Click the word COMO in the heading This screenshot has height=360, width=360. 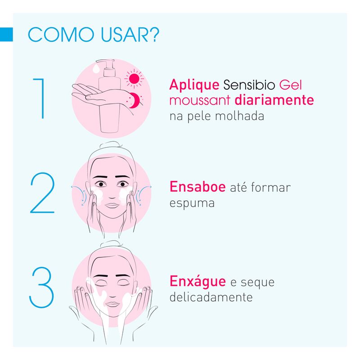click(61, 35)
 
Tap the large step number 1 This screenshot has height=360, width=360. click(39, 99)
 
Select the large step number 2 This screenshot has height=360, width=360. click(42, 193)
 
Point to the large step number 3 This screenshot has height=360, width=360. click(41, 287)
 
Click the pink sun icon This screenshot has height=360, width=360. click(134, 78)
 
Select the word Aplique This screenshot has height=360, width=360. click(194, 85)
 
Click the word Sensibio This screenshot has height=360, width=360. click(249, 85)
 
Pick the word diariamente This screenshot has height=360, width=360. click(274, 100)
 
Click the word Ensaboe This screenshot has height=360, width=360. click(198, 187)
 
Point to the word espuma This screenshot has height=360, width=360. click(192, 203)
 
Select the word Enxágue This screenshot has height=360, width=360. click(198, 282)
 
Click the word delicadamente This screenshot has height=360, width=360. click(211, 297)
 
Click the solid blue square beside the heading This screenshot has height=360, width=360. click(6, 35)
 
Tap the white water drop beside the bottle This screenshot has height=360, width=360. click(96, 69)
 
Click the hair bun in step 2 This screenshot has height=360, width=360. click(109, 145)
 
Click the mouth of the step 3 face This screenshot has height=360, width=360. click(112, 304)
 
